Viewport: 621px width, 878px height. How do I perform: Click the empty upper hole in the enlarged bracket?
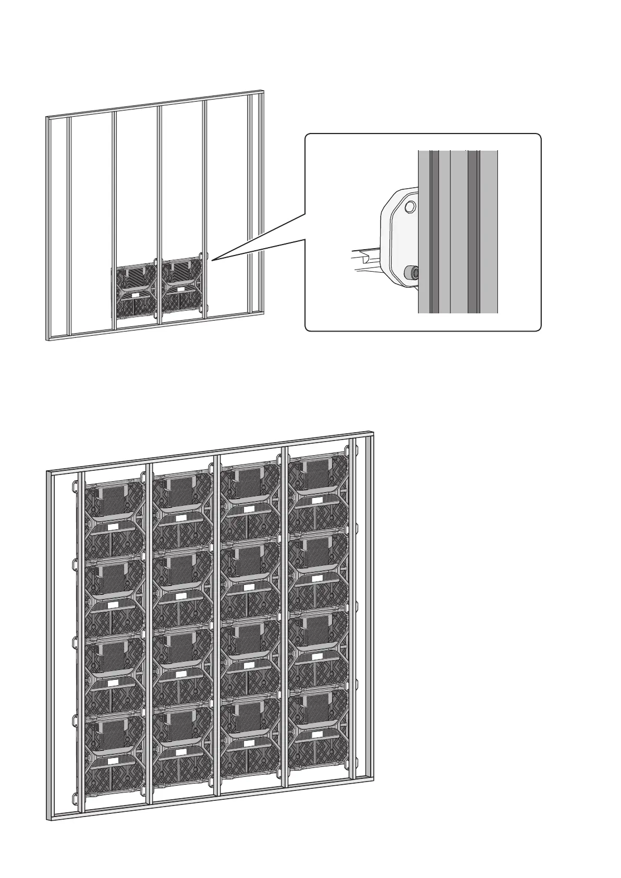tap(411, 206)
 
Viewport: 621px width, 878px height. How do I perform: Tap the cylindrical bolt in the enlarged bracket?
tap(411, 272)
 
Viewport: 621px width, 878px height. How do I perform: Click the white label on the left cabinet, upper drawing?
tap(135, 295)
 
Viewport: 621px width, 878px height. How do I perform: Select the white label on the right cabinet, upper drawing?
tap(180, 288)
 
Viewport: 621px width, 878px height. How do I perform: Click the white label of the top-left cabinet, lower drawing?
tap(113, 527)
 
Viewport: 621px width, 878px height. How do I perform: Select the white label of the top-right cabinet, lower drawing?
tap(316, 501)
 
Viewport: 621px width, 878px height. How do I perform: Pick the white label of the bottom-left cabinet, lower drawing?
tap(113, 761)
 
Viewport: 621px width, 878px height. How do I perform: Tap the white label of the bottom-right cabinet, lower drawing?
tap(316, 734)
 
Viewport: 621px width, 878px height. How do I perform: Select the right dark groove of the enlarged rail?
tap(473, 232)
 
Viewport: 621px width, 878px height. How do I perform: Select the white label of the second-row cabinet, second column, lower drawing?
tap(181, 596)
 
